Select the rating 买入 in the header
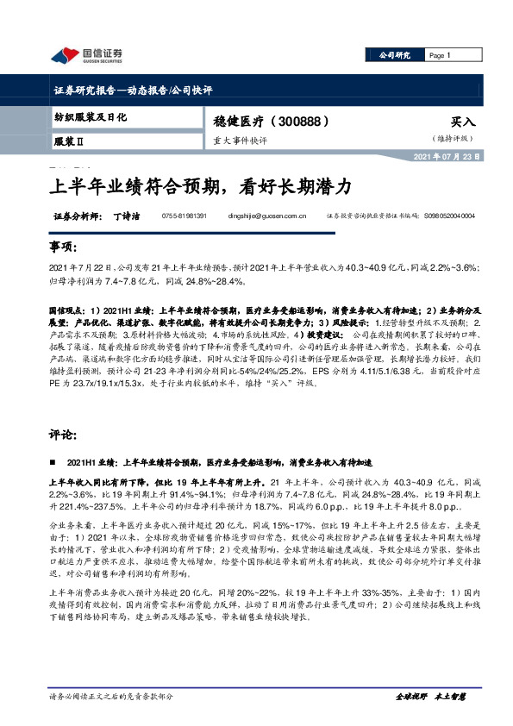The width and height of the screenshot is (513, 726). click(462, 122)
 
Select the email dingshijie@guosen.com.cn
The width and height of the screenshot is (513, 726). click(273, 216)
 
